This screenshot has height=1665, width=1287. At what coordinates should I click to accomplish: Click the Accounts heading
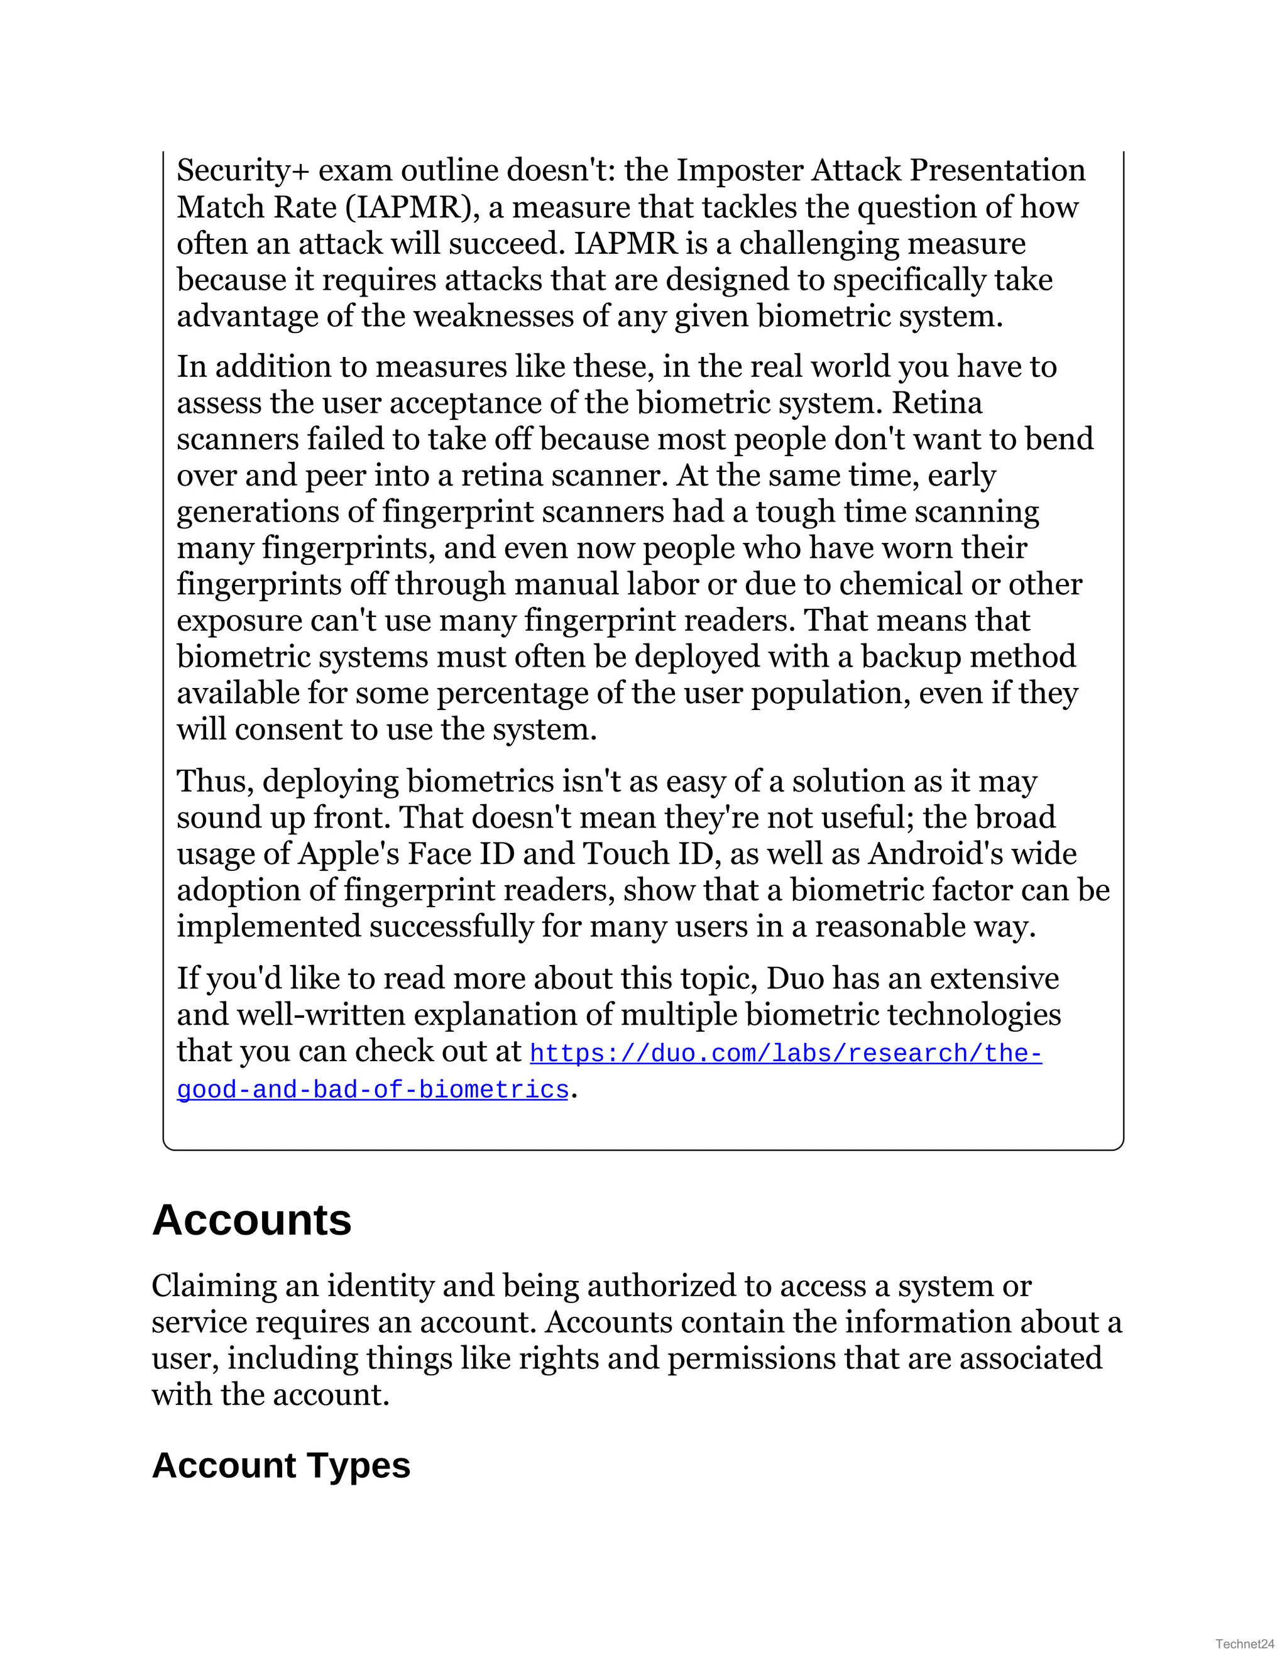251,1221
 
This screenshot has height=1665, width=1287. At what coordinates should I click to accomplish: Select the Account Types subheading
280,1465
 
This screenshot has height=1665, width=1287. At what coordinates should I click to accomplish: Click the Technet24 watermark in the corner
1244,1644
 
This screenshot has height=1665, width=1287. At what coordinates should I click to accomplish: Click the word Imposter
739,171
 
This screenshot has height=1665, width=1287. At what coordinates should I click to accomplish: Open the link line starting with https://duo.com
786,1054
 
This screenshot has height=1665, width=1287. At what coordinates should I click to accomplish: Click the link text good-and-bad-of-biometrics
373,1090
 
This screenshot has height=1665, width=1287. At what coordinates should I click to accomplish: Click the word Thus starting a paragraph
213,782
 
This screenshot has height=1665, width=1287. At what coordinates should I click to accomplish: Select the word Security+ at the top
243,171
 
